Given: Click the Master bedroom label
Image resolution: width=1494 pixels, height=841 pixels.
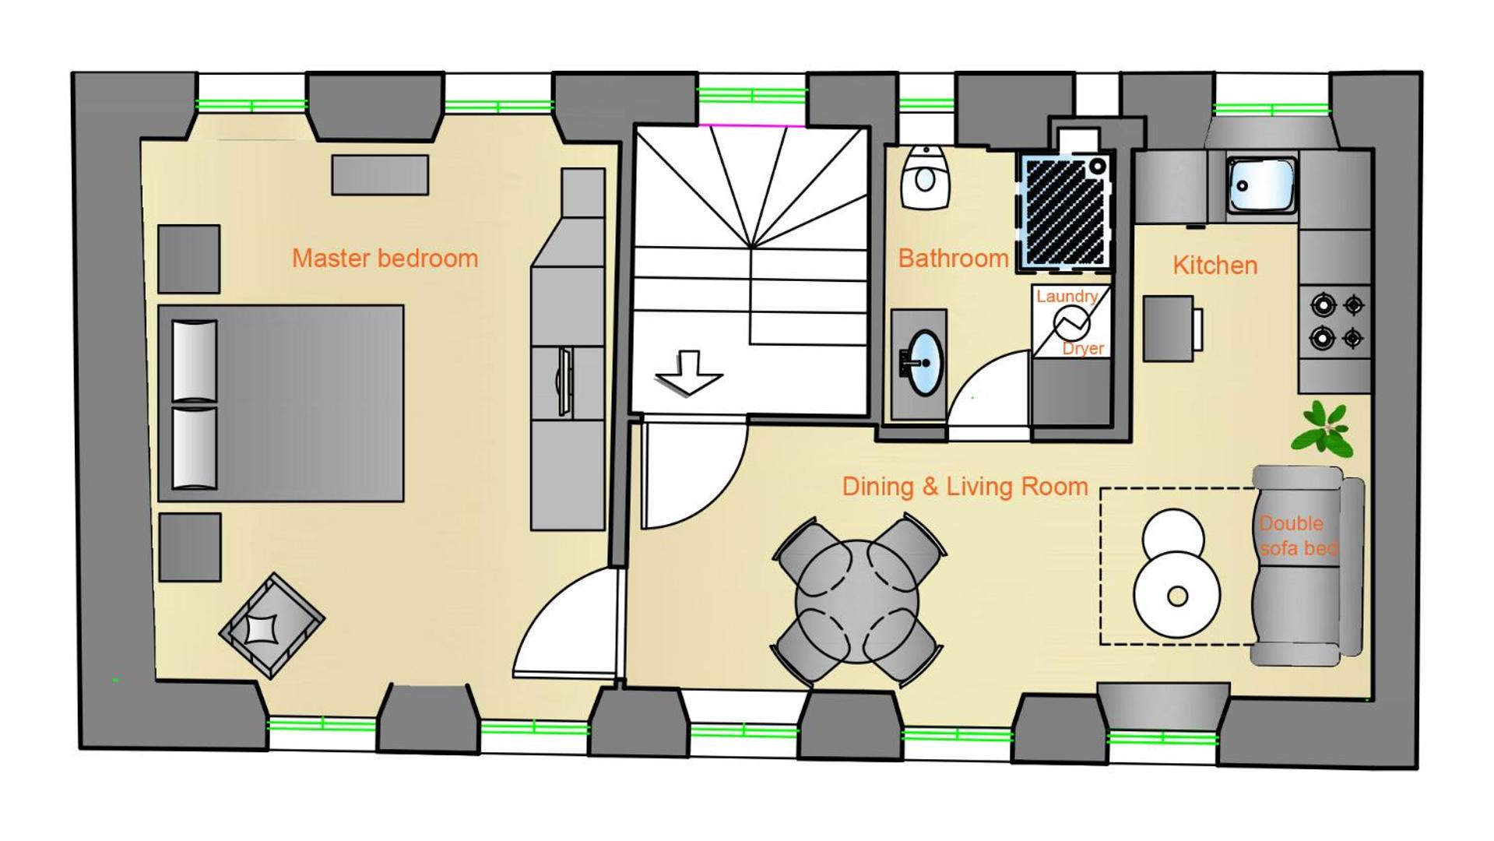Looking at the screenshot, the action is tap(385, 259).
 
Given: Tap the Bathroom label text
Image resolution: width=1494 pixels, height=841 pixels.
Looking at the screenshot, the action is tap(953, 259).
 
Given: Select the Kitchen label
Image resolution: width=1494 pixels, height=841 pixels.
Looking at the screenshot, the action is tap(1215, 266).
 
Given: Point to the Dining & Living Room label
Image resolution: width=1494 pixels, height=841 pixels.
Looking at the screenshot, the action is tap(965, 487).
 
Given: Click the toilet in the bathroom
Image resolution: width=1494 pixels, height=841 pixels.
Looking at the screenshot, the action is tap(925, 177).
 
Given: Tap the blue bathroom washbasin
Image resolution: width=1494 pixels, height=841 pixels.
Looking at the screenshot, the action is tap(926, 362).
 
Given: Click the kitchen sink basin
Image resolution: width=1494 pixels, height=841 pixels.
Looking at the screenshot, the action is tap(1262, 185).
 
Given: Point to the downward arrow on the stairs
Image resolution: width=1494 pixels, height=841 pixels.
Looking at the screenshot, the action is tap(688, 374).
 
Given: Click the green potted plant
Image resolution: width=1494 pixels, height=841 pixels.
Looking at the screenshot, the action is tap(1323, 428).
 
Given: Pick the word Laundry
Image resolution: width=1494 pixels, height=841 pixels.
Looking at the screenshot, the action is tap(1067, 296).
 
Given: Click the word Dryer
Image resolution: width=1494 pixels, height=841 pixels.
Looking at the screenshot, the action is tap(1083, 348).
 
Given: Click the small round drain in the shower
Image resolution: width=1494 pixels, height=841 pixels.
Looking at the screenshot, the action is tap(1098, 166).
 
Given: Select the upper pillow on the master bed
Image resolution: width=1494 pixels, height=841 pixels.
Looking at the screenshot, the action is tap(194, 361).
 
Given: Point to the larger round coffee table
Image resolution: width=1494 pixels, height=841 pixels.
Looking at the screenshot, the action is tap(1177, 596).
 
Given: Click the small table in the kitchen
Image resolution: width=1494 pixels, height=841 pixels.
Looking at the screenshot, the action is tap(1169, 329).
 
